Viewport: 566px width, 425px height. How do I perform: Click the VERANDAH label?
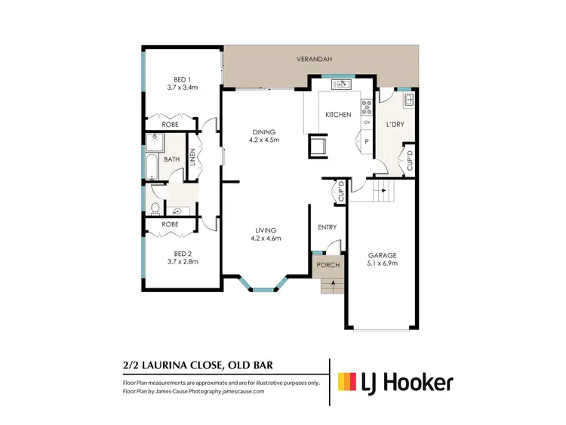coord(321,58)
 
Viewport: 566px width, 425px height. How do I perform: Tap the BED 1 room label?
coord(183,79)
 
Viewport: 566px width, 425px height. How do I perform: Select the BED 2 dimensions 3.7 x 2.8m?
coord(183,261)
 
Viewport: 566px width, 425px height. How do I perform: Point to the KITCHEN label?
coord(337,115)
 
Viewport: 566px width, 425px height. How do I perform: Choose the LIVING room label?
coord(265,229)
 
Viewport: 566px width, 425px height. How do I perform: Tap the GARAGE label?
coord(382,255)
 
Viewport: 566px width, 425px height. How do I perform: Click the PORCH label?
coord(328,265)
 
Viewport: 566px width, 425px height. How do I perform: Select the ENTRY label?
coord(327,227)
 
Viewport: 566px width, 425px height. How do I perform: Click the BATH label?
coord(172,159)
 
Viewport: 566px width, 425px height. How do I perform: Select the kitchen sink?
coord(340,84)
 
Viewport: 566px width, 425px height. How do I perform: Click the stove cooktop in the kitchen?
coord(367,106)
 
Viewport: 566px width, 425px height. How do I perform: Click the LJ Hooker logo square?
coord(348,382)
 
